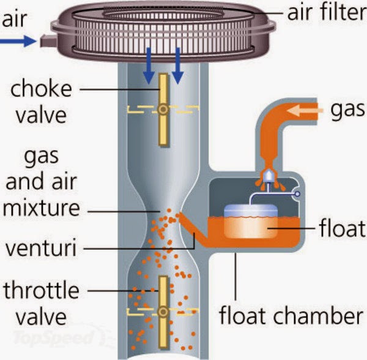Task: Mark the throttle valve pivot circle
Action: click(x=163, y=312)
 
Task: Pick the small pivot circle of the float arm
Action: click(x=297, y=195)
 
